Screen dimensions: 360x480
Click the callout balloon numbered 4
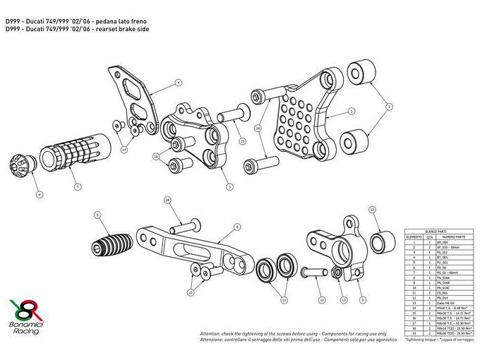point(179,83)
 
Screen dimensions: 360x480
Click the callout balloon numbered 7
point(78,187)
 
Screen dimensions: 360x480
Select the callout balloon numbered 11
point(284,300)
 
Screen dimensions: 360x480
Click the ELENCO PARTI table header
point(437,232)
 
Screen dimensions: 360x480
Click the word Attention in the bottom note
point(211,332)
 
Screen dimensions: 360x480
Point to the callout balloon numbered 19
point(258,128)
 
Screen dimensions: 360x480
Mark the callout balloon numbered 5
point(97,214)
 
